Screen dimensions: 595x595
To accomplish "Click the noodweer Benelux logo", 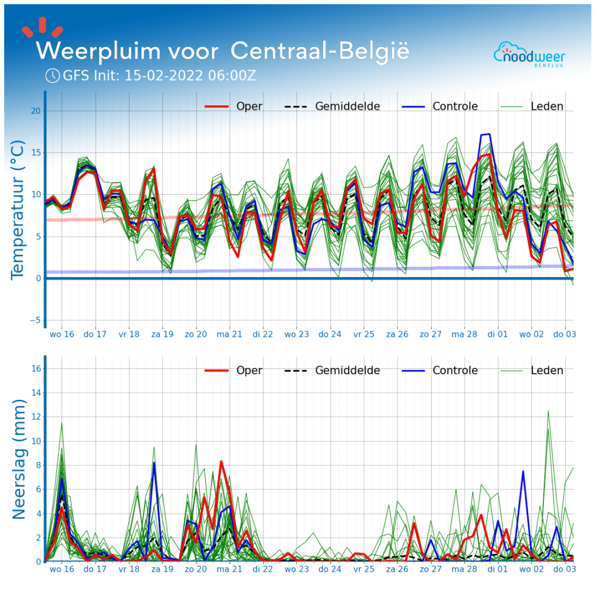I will click(529, 55).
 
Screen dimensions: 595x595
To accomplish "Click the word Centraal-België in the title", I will click(320, 51).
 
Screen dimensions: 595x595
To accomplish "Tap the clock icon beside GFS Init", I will click(52, 76).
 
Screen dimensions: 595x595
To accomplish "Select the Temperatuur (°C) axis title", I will click(18, 209).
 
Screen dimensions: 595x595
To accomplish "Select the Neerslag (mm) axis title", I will click(19, 459).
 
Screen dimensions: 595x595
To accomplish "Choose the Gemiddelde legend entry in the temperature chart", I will click(332, 106).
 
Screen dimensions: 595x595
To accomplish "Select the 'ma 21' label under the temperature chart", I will click(229, 335).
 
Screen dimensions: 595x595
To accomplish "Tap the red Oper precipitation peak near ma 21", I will click(221, 461).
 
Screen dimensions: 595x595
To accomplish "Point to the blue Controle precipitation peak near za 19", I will click(154, 463).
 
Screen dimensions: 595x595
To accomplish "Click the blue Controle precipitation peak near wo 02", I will click(523, 471).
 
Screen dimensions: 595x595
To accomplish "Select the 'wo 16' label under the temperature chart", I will click(62, 335).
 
